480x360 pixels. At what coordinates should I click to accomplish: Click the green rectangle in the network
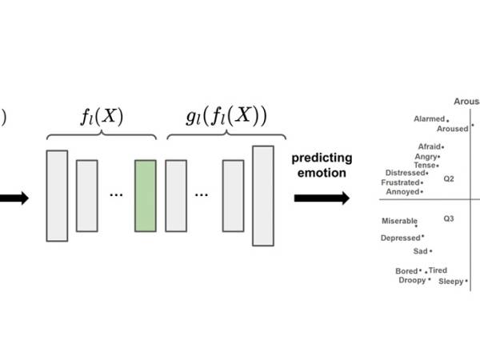[145, 196]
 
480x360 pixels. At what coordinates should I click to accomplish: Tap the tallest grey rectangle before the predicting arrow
[263, 196]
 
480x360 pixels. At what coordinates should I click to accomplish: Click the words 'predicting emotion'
[318, 165]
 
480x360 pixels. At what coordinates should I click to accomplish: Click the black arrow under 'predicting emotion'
[321, 198]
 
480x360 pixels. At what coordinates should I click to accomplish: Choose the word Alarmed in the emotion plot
[429, 119]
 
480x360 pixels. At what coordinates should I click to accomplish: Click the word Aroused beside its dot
[452, 129]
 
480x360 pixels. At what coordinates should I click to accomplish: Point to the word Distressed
[405, 173]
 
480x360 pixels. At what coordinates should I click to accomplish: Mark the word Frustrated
[401, 182]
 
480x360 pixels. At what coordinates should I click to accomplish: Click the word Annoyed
[402, 192]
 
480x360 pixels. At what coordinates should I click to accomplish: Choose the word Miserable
[399, 221]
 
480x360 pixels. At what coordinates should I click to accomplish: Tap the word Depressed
[400, 238]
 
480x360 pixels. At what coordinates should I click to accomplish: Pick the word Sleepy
[450, 282]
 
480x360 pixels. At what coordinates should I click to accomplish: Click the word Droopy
[412, 280]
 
